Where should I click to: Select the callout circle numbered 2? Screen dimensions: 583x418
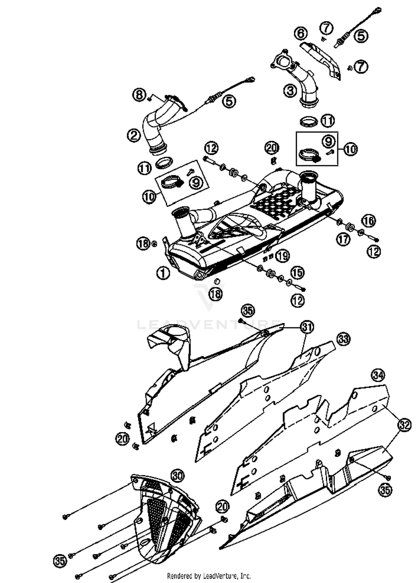tap(134, 136)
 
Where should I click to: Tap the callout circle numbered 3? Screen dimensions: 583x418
tap(290, 91)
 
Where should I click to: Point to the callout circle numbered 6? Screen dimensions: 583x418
tap(301, 33)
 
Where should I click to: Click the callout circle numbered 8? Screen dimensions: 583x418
tap(139, 95)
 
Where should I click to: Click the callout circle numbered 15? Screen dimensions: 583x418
tap(297, 272)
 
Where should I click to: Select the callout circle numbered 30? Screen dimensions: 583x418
tap(178, 475)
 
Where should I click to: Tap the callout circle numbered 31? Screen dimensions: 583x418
tap(307, 327)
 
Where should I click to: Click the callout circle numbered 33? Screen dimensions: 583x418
tap(343, 339)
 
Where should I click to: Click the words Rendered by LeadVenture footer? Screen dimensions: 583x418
tap(209, 575)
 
